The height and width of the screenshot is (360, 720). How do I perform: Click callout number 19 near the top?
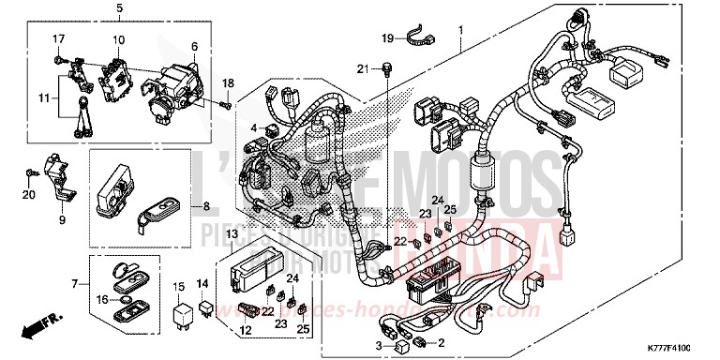(x=386, y=37)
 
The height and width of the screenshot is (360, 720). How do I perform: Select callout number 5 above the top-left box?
(x=119, y=8)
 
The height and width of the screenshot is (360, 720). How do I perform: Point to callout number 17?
(x=58, y=37)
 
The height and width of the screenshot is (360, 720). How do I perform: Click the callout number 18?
(x=227, y=84)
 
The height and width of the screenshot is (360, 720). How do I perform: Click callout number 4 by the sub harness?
(x=253, y=127)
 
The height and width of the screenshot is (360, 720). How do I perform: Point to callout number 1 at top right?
(x=460, y=31)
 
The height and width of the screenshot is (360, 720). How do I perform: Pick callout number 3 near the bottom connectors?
(x=379, y=346)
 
